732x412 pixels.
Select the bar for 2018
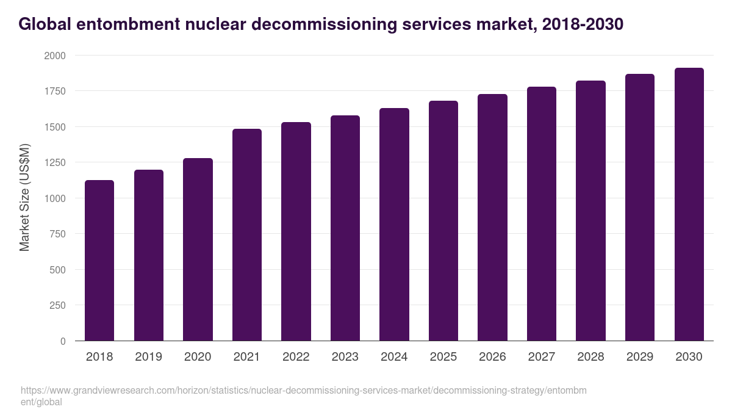coord(99,261)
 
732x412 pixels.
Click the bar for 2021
coord(246,235)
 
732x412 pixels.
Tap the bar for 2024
coord(394,225)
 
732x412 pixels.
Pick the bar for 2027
coord(542,214)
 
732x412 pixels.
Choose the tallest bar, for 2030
coord(689,204)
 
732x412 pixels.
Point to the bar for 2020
coord(198,250)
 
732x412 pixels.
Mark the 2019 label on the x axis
coord(148,357)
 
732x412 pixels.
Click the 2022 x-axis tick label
coord(296,357)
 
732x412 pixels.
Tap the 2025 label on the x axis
coord(443,357)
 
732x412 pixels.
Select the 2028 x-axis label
coord(590,357)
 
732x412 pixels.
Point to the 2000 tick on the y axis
coord(54,56)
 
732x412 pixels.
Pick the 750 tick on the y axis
coord(57,234)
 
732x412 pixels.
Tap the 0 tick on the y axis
coord(63,342)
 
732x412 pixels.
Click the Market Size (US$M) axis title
coord(24,197)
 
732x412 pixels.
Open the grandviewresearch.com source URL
coord(303,391)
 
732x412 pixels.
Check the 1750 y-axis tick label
coord(54,92)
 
